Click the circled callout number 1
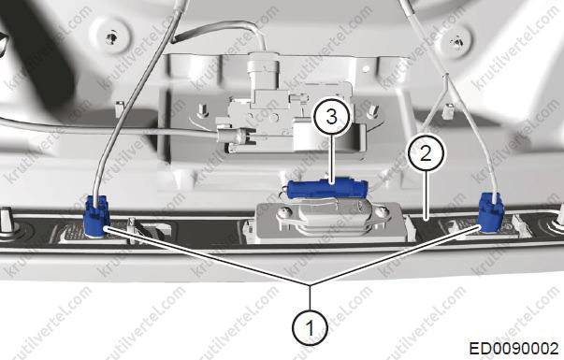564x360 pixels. [x=310, y=327]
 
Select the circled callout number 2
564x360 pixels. [x=426, y=152]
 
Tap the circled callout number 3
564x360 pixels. [x=331, y=117]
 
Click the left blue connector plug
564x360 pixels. [x=96, y=216]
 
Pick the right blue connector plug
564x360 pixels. [x=491, y=212]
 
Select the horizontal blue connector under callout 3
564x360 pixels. [x=327, y=187]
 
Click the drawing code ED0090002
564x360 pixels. [x=513, y=349]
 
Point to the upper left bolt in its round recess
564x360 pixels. [x=112, y=36]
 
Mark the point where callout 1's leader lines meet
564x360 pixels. [x=310, y=284]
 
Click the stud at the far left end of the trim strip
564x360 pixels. [x=7, y=222]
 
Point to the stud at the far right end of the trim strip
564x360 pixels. [x=559, y=217]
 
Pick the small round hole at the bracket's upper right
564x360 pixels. [x=366, y=68]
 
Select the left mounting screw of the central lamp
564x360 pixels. [x=283, y=212]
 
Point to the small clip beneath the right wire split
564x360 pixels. [x=447, y=112]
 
